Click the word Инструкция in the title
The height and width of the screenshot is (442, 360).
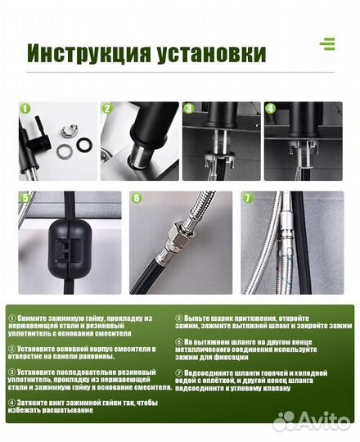click(x=89, y=52)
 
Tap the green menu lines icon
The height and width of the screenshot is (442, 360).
click(x=327, y=43)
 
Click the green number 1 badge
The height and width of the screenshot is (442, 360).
click(x=25, y=109)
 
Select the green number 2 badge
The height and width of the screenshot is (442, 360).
click(x=107, y=109)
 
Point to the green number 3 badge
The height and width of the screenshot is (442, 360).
click(x=189, y=109)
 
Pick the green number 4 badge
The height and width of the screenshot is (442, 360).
click(x=271, y=109)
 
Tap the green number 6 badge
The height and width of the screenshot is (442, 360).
click(x=137, y=198)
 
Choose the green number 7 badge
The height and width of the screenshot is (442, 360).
click(x=248, y=198)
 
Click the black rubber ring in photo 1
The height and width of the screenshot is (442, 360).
click(x=84, y=145)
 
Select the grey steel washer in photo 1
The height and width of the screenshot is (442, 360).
click(x=65, y=151)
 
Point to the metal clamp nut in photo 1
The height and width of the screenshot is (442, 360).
click(x=68, y=130)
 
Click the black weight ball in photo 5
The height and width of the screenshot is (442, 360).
click(x=66, y=247)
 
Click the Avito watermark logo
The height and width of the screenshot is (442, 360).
click(x=311, y=422)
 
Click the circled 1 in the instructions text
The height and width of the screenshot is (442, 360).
click(x=12, y=318)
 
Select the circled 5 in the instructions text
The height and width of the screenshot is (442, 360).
click(x=179, y=318)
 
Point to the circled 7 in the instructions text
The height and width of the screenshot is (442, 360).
click(x=179, y=373)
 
